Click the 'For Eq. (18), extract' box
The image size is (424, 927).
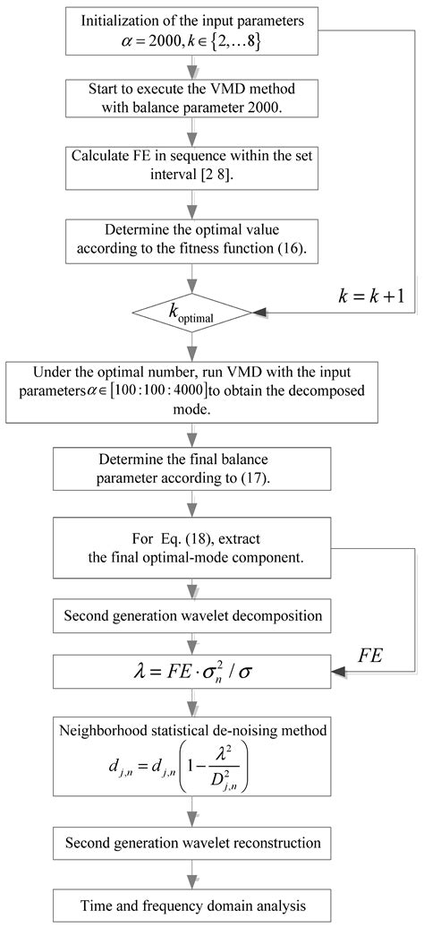(190, 550)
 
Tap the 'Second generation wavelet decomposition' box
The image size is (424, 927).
(190, 615)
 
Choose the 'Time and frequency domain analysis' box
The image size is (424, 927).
(190, 900)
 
